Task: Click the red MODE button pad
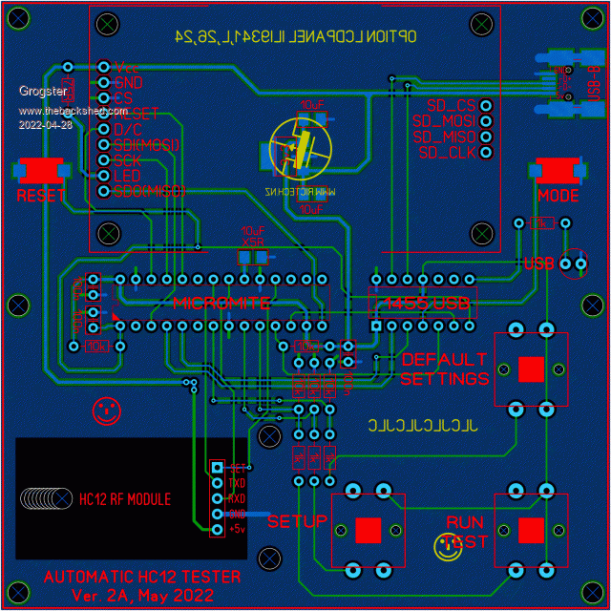click(558, 171)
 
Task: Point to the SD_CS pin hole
click(486, 106)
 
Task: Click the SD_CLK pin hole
click(486, 152)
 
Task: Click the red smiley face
click(107, 411)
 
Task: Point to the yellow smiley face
click(445, 546)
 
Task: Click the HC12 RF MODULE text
click(125, 498)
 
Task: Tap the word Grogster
click(43, 92)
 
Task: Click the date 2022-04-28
click(45, 124)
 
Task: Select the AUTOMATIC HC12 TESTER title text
click(142, 577)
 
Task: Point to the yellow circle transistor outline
click(301, 149)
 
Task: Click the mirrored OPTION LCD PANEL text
click(295, 36)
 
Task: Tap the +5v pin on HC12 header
click(218, 528)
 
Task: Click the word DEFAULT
click(444, 360)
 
